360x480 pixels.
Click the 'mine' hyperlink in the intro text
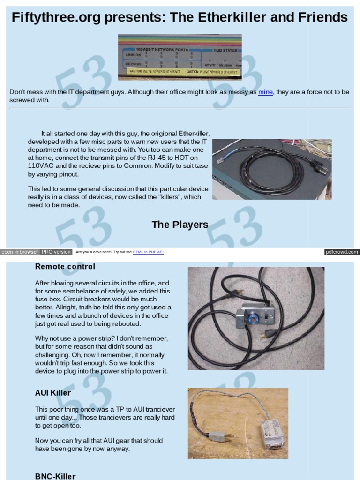coord(265,92)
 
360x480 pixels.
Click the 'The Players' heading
coord(180,225)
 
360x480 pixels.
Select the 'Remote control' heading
coord(65,267)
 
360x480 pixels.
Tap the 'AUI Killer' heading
coord(53,393)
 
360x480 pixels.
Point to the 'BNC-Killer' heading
coord(55,476)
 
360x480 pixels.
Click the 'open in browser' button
coord(20,252)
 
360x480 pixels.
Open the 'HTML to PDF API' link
coord(148,252)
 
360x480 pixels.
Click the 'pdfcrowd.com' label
coord(342,252)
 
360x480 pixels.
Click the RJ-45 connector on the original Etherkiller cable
coord(222,160)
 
